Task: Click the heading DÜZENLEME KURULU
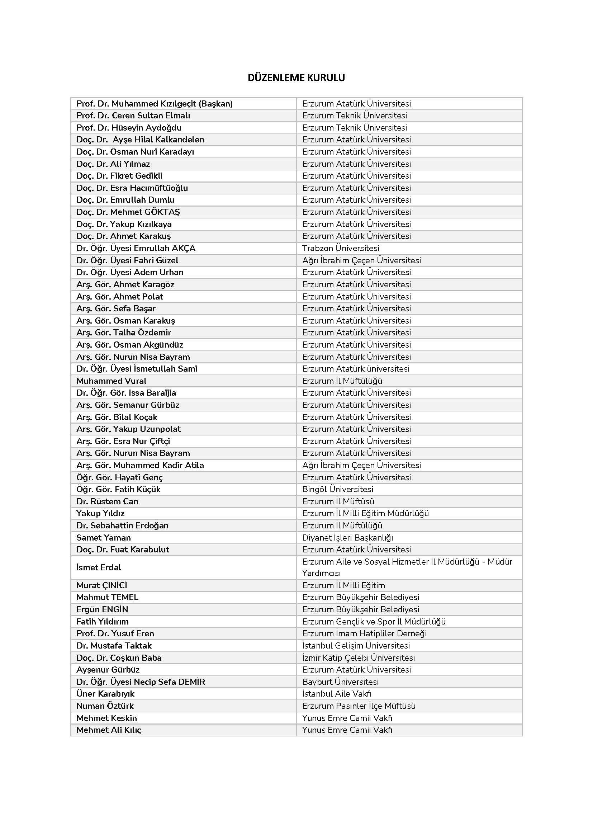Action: [296, 77]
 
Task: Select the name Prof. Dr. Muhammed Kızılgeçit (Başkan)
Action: [155, 104]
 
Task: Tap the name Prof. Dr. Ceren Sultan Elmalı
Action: [133, 116]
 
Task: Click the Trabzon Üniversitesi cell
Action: [341, 249]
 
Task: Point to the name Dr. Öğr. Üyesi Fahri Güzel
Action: [127, 260]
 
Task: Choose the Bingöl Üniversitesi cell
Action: [338, 489]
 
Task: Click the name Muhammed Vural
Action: [112, 381]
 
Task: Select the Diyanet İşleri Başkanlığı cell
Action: [348, 538]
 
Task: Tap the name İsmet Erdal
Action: [99, 567]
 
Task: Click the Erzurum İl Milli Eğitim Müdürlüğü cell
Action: [365, 513]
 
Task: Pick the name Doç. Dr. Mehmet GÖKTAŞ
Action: [128, 212]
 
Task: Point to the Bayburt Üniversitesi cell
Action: [340, 682]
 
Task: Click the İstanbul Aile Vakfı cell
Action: [337, 694]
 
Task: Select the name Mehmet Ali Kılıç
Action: [109, 730]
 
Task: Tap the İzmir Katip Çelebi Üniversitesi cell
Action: [359, 658]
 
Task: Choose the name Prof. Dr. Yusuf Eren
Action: [115, 633]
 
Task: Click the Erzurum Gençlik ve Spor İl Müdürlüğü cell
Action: [374, 622]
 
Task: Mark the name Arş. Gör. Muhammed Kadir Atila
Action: [140, 465]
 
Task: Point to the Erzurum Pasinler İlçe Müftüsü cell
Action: [359, 706]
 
